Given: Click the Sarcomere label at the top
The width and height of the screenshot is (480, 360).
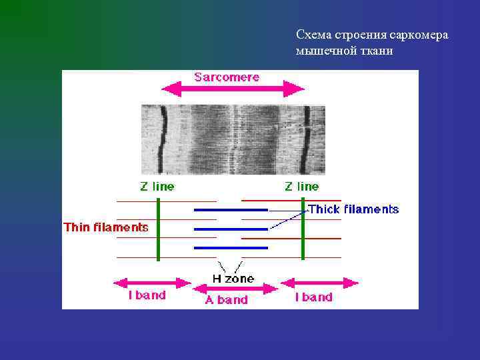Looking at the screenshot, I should [227, 77].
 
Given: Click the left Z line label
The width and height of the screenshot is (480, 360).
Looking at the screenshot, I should [157, 187].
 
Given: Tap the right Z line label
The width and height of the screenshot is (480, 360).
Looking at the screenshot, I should [301, 187].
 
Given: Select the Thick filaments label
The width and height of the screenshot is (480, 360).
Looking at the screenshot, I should [353, 209].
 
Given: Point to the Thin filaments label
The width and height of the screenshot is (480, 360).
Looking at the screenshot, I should [106, 227].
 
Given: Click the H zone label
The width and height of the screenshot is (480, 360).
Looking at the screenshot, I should [233, 279].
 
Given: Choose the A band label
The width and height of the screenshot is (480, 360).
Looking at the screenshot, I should [226, 300].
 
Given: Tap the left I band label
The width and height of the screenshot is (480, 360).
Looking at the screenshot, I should [147, 295].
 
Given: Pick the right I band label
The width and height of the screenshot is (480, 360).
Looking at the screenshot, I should [313, 297].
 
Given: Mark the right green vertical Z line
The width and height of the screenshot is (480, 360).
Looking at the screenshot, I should [303, 228].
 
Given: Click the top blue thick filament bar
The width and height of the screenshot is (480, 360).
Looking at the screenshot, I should [231, 210].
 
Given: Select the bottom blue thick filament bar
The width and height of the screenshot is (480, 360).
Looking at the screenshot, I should [231, 248].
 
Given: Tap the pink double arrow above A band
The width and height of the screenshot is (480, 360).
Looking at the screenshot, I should [235, 289].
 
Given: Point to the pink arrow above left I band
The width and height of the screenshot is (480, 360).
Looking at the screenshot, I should [148, 283].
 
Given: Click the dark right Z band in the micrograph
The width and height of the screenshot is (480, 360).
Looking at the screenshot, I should [307, 137].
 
